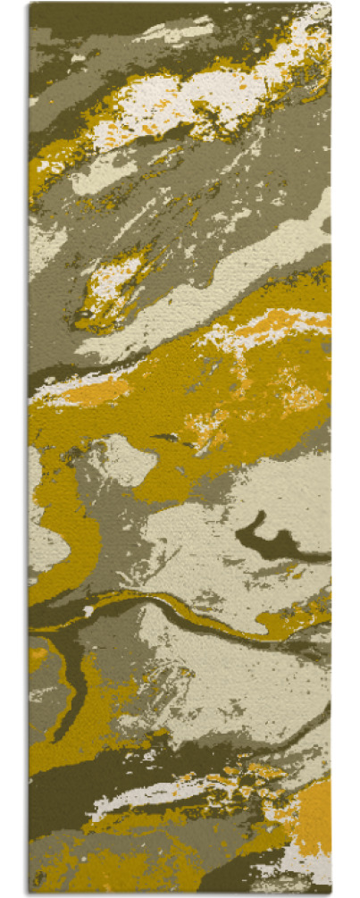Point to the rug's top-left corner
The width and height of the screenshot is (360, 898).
click(29, 4)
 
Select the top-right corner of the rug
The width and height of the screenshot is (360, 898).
click(330, 4)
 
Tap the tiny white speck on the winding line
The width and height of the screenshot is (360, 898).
click(88, 611)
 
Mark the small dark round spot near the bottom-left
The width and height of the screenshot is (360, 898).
click(39, 876)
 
